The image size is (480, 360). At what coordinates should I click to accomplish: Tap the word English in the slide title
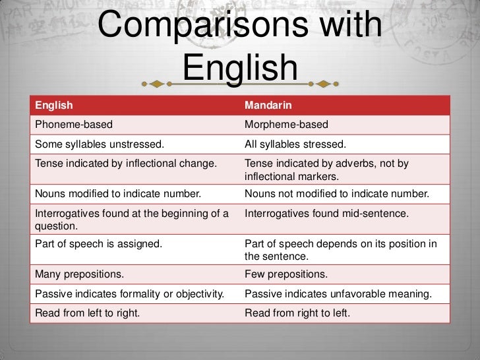coord(240,67)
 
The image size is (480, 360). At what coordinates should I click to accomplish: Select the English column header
coord(54,105)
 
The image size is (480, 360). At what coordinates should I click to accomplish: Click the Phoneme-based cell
coord(73,125)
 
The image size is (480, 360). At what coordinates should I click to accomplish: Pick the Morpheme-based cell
coord(286,125)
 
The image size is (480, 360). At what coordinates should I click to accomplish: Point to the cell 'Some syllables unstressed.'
coord(100,144)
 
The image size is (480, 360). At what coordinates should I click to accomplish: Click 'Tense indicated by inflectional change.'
coord(126,164)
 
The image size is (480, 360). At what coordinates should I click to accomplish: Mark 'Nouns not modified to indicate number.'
coord(337,194)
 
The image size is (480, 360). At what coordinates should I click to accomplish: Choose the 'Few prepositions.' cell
coord(285,274)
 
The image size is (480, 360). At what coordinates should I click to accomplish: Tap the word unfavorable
coord(356,293)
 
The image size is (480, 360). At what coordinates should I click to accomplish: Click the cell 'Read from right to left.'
coord(297,313)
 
